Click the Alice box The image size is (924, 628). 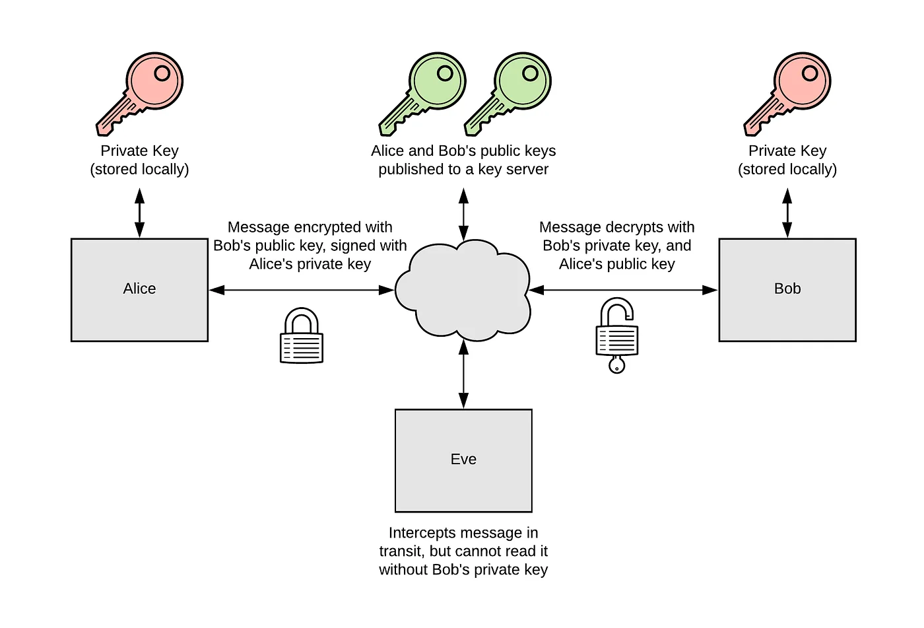pos(139,290)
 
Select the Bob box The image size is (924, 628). pos(787,290)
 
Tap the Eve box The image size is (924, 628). pos(463,460)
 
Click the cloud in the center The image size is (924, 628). pos(463,291)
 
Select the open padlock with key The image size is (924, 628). pos(617,335)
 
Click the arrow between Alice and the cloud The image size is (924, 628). pos(302,290)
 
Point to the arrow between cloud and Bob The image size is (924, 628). pos(623,290)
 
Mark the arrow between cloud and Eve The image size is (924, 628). pos(463,374)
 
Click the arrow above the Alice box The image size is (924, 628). pos(139,213)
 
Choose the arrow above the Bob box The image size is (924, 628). pos(787,213)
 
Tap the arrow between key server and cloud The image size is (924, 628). pos(463,214)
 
